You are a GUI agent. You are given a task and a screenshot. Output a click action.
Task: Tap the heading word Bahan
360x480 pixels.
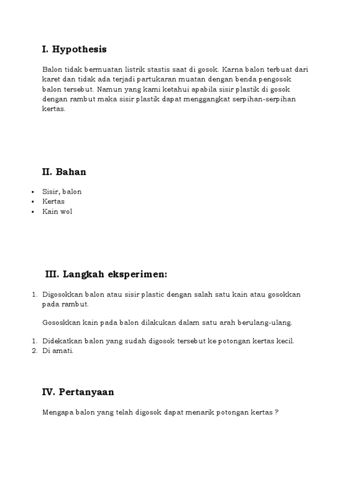coord(71,172)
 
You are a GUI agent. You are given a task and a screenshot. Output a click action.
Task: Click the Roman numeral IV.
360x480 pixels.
coord(47,392)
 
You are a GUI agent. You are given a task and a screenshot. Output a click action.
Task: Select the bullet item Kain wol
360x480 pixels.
coord(57,211)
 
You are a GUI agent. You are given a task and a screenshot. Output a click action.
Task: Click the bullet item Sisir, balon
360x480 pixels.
coord(62,191)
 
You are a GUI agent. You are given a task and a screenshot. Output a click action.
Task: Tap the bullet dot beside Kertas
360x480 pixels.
coord(33,202)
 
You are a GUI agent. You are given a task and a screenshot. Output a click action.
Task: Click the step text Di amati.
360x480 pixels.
coord(58,351)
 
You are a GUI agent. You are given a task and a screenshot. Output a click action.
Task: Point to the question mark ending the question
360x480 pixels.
coord(277,412)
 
